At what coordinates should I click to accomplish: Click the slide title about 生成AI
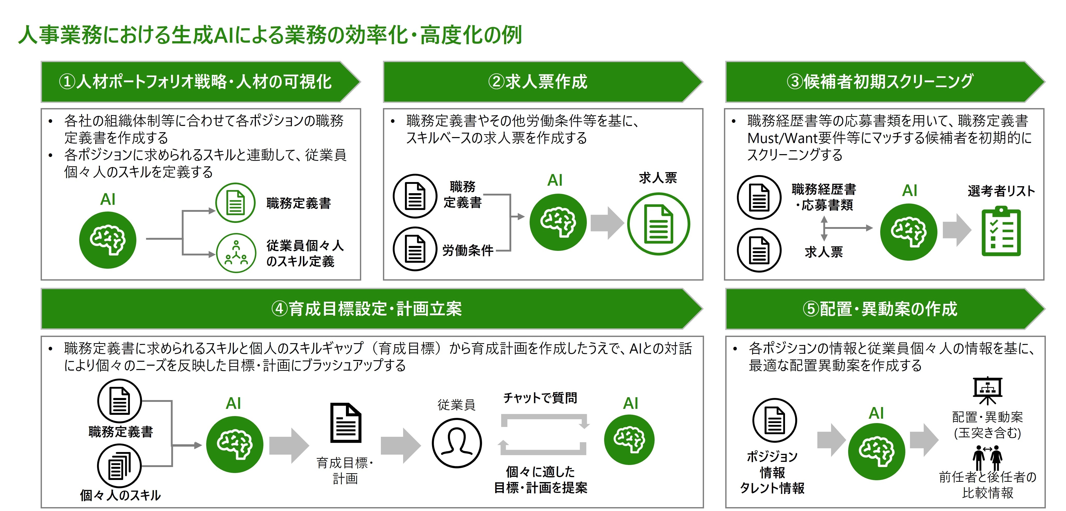coord(270,35)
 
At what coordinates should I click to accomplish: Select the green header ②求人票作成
coord(538,81)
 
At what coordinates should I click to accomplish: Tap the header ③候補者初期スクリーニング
coord(880,81)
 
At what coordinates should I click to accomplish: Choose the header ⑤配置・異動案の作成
coord(880,309)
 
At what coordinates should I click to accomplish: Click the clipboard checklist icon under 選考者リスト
coord(1001,232)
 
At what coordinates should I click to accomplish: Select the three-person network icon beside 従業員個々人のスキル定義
coord(236,253)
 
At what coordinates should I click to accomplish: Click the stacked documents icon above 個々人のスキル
coord(119,466)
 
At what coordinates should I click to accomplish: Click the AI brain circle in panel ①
coord(108,240)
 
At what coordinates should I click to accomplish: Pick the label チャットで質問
coord(540,398)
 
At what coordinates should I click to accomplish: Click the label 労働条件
coord(468,250)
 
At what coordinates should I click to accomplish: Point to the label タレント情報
coord(772,488)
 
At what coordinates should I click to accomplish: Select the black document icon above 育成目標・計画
coord(345,423)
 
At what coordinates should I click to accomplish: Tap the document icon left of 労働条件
coord(415,249)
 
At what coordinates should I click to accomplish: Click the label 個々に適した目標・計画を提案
coord(541,480)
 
